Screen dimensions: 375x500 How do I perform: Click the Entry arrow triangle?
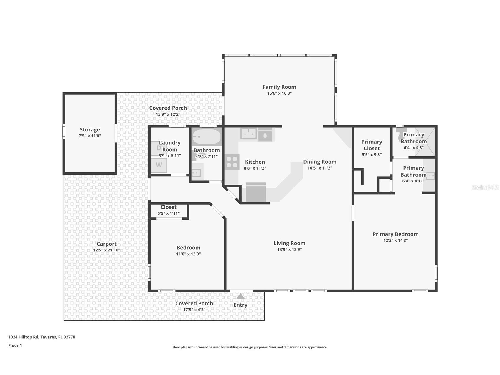pos(240,296)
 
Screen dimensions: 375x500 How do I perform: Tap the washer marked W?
pos(159,165)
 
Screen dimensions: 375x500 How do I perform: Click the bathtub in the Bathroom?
pos(206,137)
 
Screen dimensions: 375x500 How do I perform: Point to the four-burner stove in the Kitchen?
pos(232,162)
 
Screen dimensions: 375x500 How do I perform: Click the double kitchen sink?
pos(249,133)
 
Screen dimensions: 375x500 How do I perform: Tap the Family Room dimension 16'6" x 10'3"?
pos(279,93)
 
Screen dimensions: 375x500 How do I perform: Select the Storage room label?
pos(90,130)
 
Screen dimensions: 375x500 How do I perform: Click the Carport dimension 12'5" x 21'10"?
pos(106,250)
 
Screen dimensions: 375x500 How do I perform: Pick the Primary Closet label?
pos(372,145)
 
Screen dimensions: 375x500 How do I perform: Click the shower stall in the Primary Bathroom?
pos(425,141)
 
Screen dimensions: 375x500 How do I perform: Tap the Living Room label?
pos(289,243)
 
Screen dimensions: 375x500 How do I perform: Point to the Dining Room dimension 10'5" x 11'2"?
pos(320,168)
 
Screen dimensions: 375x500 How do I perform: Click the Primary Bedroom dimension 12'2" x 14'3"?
pos(395,241)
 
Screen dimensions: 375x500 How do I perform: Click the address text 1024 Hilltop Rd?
pos(42,337)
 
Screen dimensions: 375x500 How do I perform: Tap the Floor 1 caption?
pos(15,346)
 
